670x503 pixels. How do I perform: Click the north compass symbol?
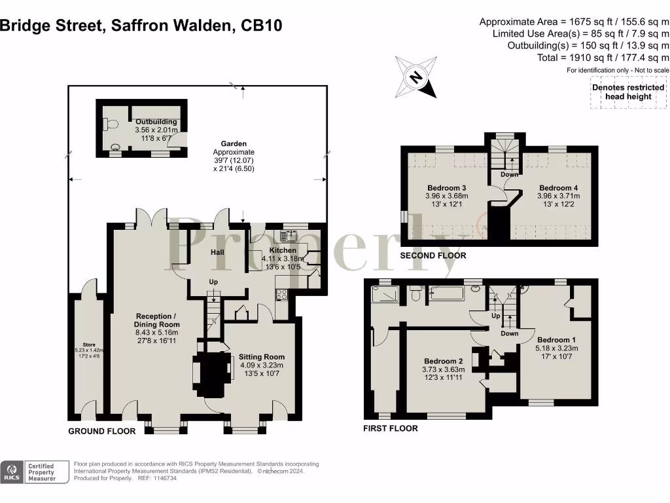point(415,77)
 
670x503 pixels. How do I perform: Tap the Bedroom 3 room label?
point(446,188)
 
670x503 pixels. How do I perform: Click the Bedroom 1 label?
point(556,340)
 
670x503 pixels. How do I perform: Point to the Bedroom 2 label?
point(443,362)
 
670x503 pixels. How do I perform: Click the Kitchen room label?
point(283,250)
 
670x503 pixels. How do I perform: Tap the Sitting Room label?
point(261,357)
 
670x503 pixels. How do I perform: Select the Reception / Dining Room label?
point(156,320)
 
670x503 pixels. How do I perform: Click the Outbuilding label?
point(156,122)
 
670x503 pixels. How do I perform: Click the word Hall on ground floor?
point(218,251)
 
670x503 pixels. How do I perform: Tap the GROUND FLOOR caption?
point(102,431)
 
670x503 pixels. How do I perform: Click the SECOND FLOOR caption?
point(433,255)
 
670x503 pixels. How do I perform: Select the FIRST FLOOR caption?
point(391,428)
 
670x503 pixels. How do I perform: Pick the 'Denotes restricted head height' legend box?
point(627,92)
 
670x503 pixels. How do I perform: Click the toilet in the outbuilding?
point(109,123)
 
